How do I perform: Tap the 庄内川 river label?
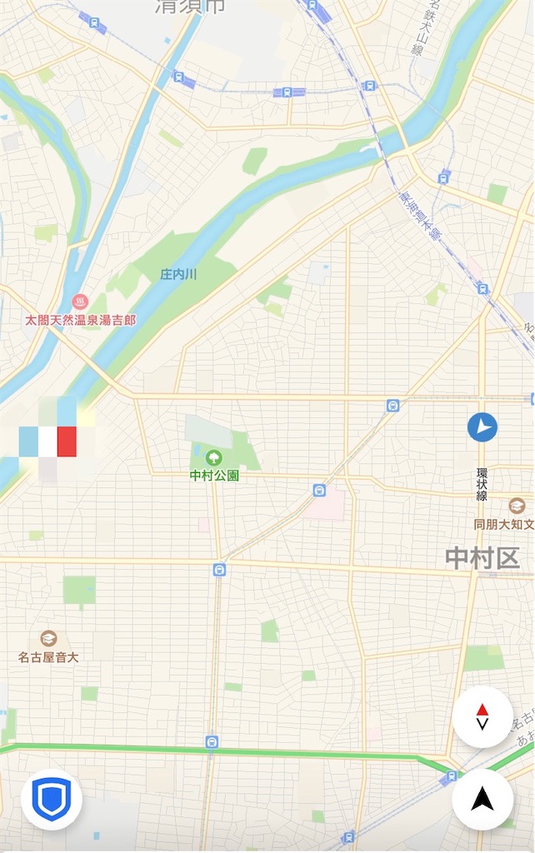179,274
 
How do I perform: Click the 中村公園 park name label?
214,476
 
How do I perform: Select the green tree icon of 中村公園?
214,456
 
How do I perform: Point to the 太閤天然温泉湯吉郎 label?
80,320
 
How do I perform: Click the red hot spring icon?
80,301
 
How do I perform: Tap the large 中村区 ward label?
482,558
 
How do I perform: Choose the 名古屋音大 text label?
48,657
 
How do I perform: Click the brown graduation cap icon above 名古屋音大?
48,639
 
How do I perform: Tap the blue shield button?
51,801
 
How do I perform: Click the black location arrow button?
482,800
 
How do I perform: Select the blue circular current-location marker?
482,428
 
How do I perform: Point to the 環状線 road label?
482,484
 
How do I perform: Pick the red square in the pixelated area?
67,441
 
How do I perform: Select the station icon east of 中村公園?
318,491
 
